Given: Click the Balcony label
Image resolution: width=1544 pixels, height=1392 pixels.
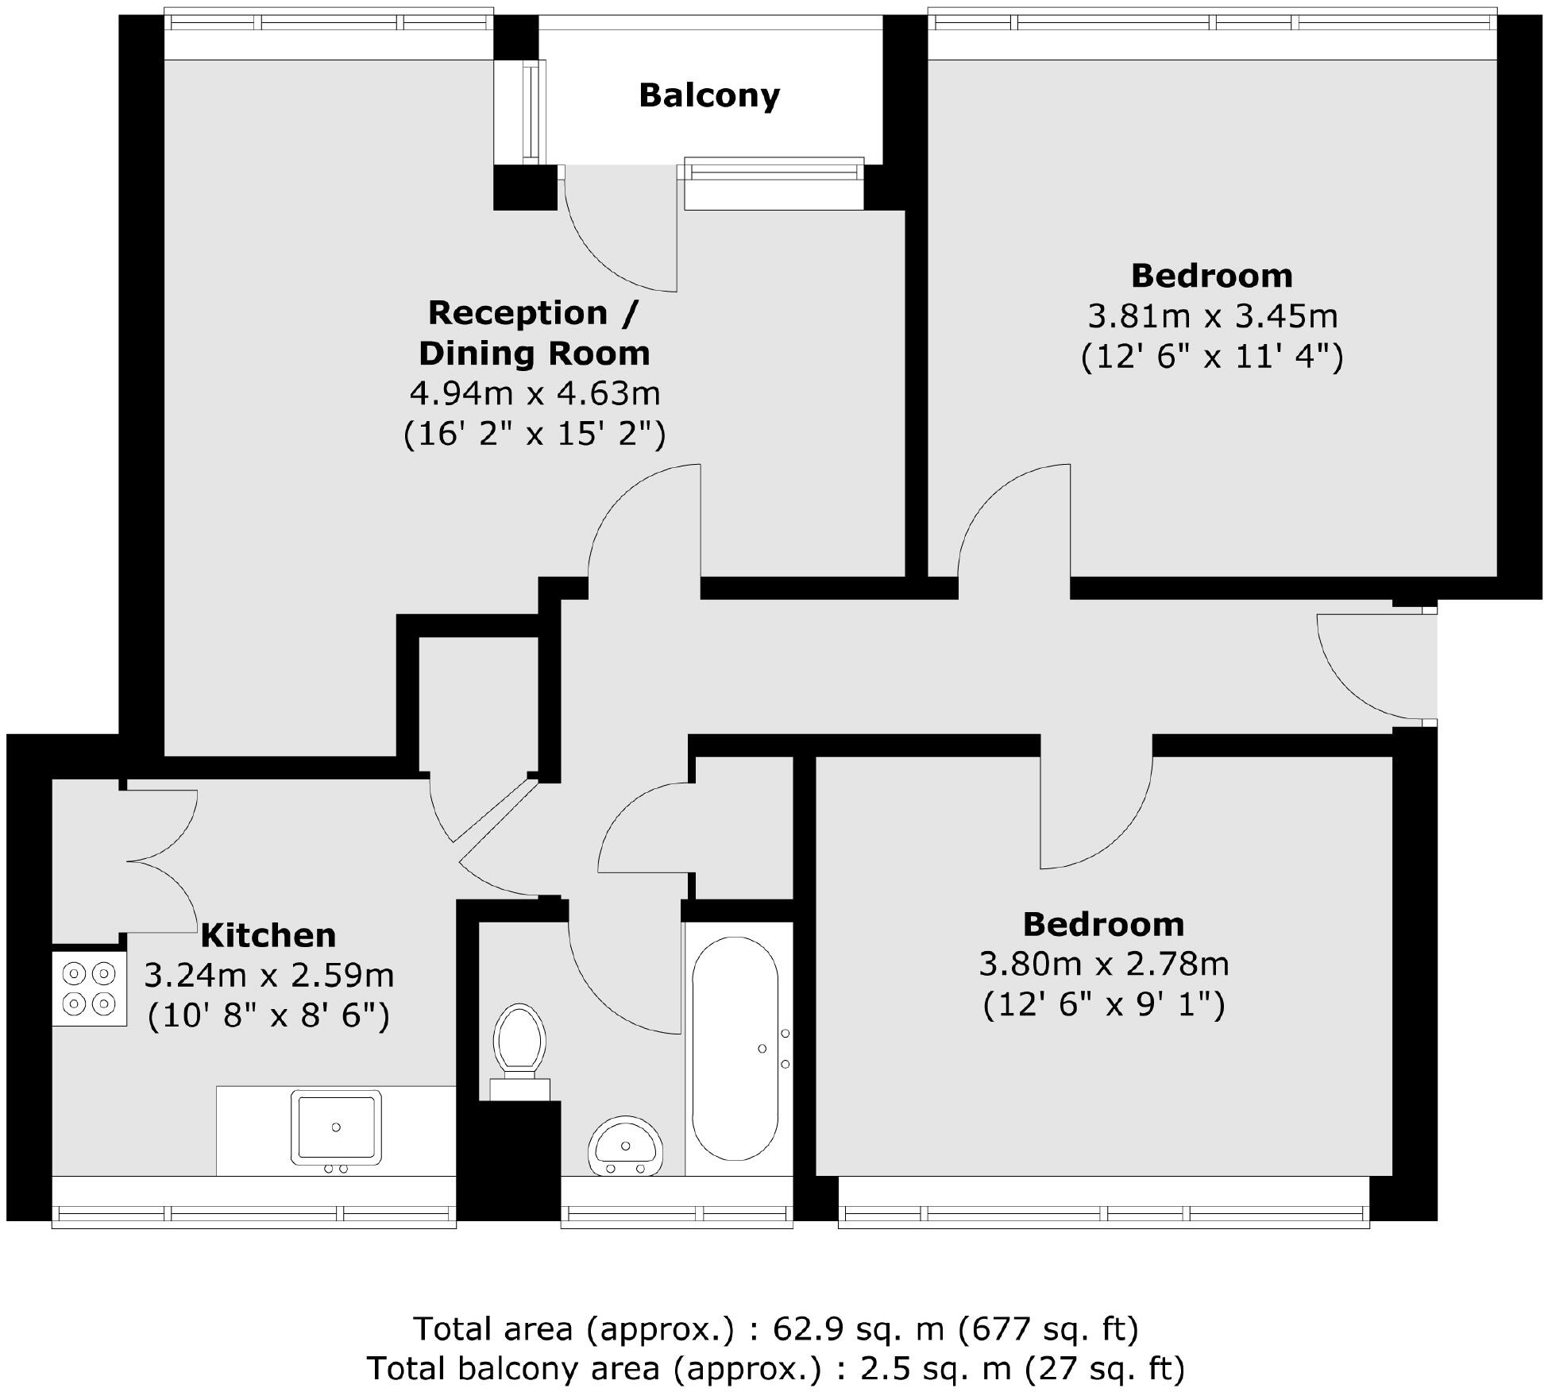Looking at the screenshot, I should click(709, 95).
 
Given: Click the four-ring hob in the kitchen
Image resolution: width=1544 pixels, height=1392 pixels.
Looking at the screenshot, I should click(89, 988).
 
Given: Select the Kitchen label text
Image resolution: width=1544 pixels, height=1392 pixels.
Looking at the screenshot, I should click(268, 936).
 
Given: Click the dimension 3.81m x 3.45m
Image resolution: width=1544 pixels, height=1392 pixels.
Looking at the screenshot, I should click(1212, 316).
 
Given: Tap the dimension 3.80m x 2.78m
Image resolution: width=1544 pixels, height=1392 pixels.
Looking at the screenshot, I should click(1103, 965).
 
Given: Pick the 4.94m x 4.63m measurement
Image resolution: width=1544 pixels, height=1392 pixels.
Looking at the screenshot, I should click(535, 393).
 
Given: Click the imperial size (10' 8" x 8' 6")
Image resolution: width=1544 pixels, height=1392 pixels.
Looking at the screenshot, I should click(268, 1016).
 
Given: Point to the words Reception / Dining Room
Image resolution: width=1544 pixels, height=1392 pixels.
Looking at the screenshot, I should click(534, 333).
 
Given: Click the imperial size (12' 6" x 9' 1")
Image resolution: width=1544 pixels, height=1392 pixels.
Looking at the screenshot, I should click(1103, 1006).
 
